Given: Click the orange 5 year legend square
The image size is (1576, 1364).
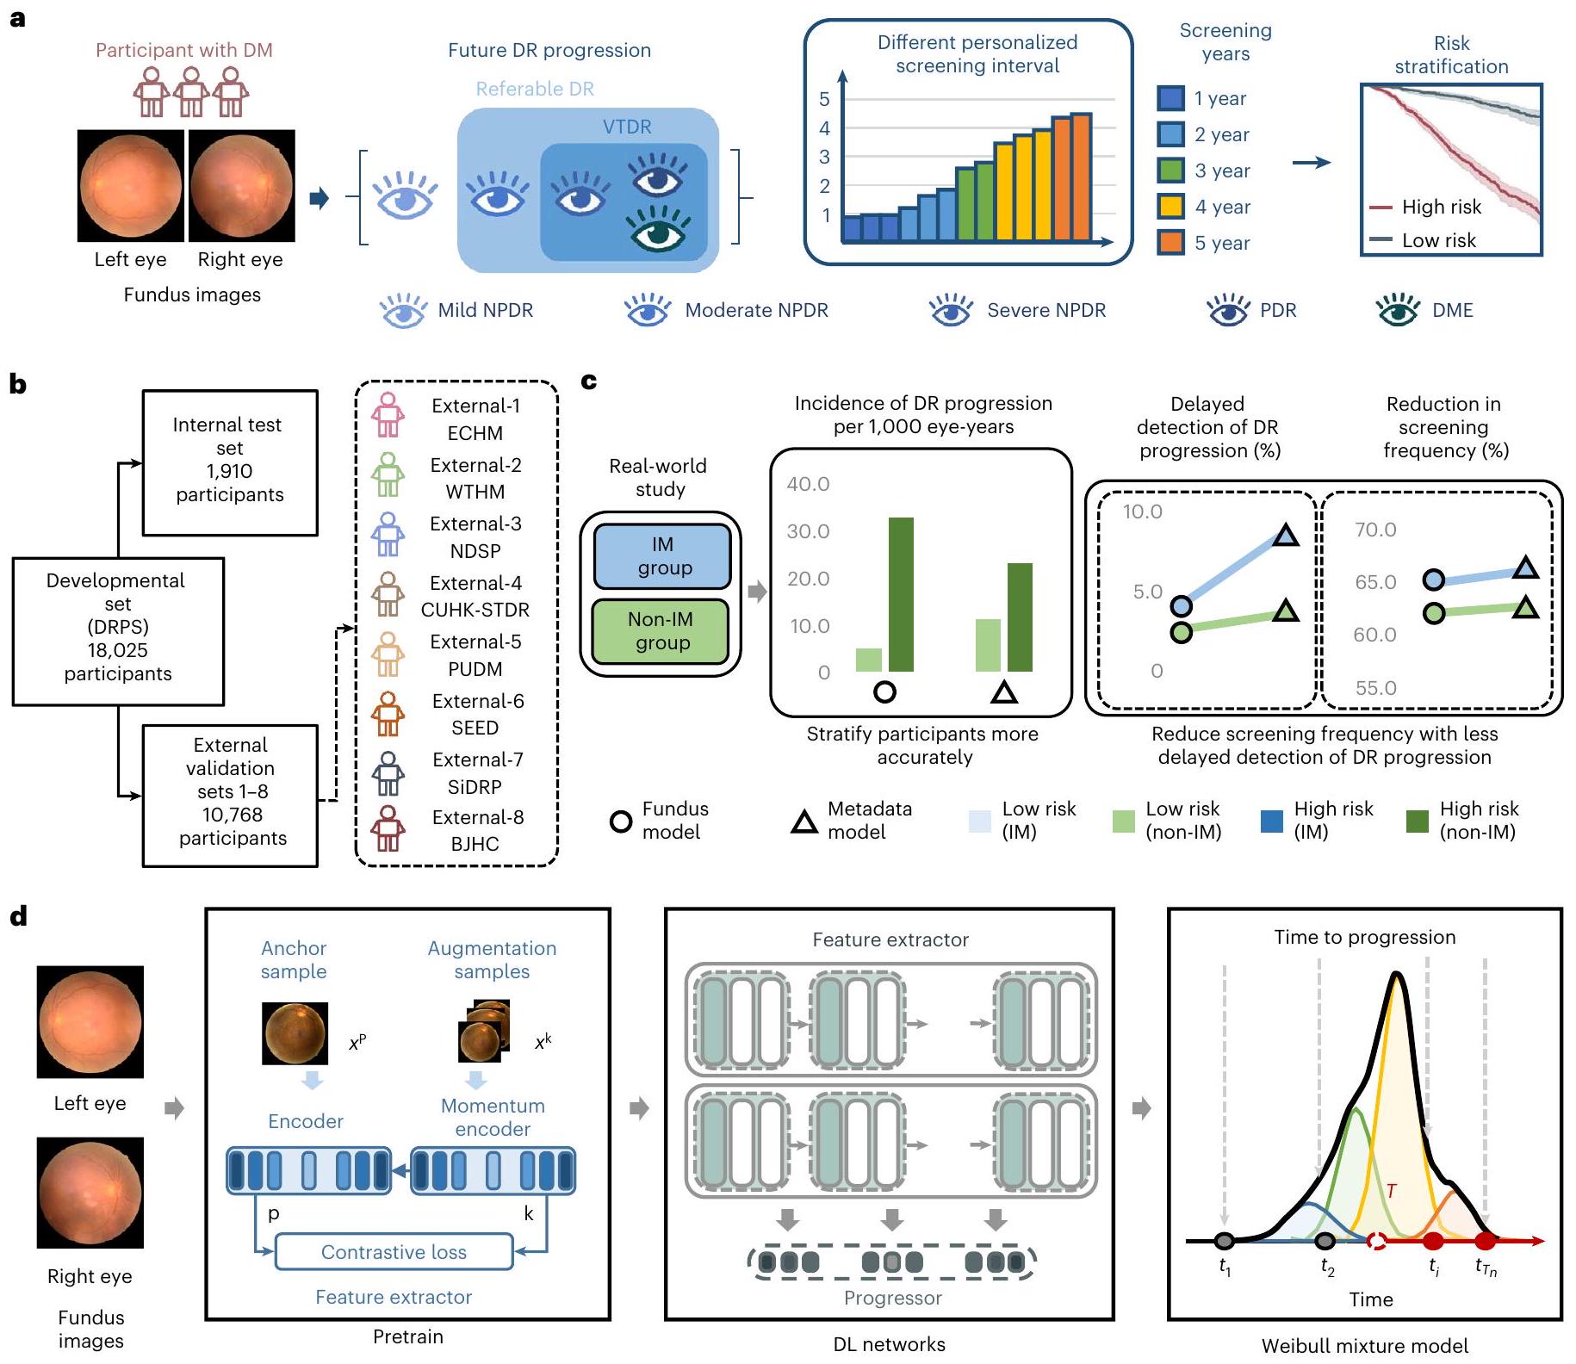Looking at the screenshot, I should click(x=1171, y=243).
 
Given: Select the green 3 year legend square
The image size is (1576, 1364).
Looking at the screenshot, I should click(x=1171, y=170).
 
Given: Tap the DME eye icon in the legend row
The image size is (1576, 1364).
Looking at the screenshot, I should click(x=1398, y=310).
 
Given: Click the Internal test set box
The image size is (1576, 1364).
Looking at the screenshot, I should click(x=230, y=462).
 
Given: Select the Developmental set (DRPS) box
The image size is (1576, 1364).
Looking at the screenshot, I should click(x=118, y=630).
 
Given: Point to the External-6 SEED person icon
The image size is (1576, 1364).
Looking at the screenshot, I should click(x=388, y=714).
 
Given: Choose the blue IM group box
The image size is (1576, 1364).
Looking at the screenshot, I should click(x=662, y=556).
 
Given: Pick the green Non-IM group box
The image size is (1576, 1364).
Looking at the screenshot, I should click(x=661, y=631).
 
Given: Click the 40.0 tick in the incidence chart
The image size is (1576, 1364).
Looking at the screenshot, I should click(x=808, y=484).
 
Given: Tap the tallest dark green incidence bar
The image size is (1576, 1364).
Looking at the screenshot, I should click(x=901, y=594).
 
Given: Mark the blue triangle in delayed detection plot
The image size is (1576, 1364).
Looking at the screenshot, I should click(x=1285, y=536).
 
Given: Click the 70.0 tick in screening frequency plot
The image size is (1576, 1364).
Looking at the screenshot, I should click(x=1375, y=530).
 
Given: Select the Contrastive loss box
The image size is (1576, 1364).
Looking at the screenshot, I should click(x=394, y=1252).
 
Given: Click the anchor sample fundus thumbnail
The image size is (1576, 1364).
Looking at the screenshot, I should click(x=295, y=1033).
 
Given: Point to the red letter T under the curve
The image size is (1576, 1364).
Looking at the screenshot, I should click(x=1391, y=1191).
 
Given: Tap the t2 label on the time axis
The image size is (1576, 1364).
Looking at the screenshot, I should click(x=1327, y=1267).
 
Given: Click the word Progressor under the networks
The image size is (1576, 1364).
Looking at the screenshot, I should click(x=892, y=1298).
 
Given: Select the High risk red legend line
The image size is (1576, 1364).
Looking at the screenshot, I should click(x=1381, y=208).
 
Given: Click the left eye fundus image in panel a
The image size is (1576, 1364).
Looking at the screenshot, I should click(x=131, y=186).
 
